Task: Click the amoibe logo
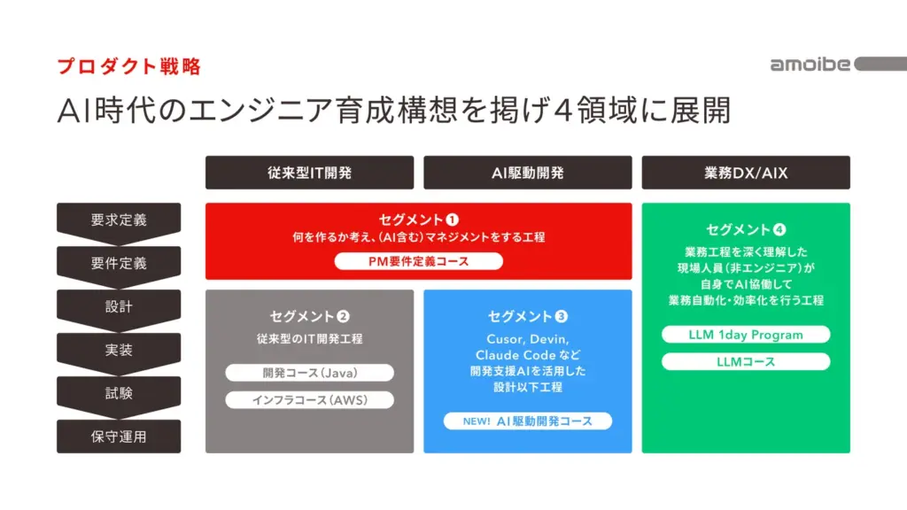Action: [x=810, y=64]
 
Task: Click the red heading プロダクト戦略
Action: [x=129, y=66]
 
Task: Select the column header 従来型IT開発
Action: [x=309, y=173]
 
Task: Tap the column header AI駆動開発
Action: [x=527, y=173]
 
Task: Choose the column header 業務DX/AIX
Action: [x=746, y=173]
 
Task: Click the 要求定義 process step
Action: [x=119, y=220]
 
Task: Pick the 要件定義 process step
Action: [x=119, y=263]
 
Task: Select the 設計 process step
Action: [x=119, y=306]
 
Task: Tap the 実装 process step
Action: [x=119, y=350]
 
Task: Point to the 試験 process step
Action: [x=119, y=393]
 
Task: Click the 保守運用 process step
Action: [x=119, y=437]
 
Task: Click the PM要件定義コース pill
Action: [x=419, y=261]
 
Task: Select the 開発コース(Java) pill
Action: [x=309, y=373]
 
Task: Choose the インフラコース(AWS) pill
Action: [x=309, y=399]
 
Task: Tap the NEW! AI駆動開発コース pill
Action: [x=527, y=421]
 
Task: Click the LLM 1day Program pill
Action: [x=746, y=335]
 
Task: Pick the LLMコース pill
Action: [x=746, y=361]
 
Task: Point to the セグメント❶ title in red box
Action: [x=419, y=219]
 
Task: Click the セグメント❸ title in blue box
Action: [x=527, y=316]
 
